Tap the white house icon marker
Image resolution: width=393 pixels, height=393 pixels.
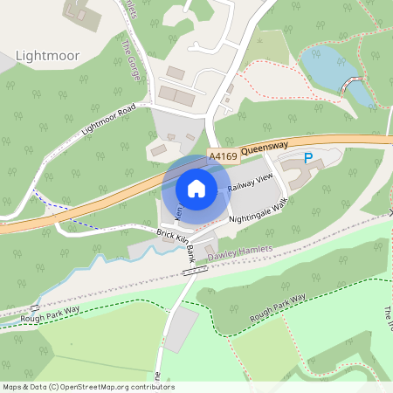(196, 188)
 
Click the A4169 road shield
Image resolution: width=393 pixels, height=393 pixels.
(222, 157)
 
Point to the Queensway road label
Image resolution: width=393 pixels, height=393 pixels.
(265, 149)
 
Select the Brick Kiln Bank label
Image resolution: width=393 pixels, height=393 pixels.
(175, 244)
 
